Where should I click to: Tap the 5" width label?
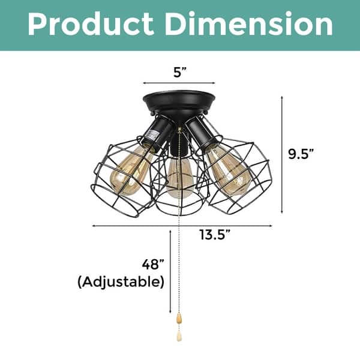click(x=179, y=71)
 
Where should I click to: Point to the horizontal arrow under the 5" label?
click(x=179, y=83)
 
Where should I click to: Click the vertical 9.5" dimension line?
click(x=283, y=154)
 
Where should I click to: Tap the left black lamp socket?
click(x=157, y=132)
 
